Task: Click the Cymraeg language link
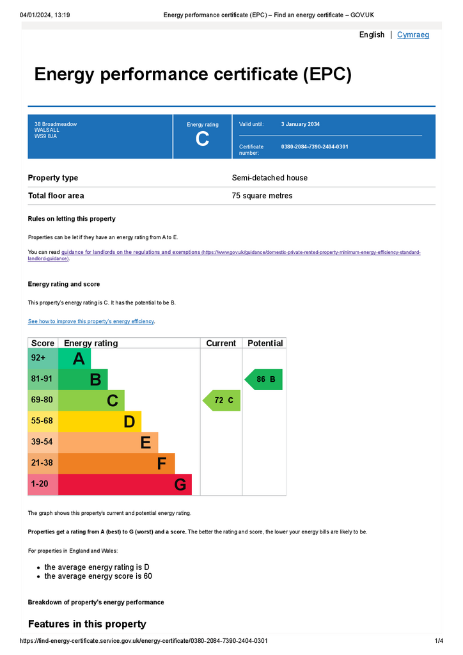(x=413, y=35)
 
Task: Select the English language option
(x=372, y=35)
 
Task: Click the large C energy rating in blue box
(x=202, y=139)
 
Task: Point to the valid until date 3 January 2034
(x=301, y=124)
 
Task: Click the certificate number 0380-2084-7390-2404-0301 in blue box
(x=315, y=146)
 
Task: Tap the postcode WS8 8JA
(x=45, y=136)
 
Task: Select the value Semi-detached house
(x=269, y=178)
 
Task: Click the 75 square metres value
(x=262, y=196)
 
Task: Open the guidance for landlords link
(x=130, y=252)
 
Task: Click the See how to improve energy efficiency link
(x=91, y=321)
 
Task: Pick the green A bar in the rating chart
(x=75, y=359)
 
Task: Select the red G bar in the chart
(x=125, y=485)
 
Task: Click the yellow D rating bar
(x=100, y=422)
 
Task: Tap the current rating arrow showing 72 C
(x=222, y=400)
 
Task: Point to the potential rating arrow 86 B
(x=264, y=379)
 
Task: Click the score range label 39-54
(x=42, y=442)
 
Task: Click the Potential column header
(x=265, y=343)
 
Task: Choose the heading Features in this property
(x=87, y=624)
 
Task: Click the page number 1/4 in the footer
(x=439, y=640)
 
